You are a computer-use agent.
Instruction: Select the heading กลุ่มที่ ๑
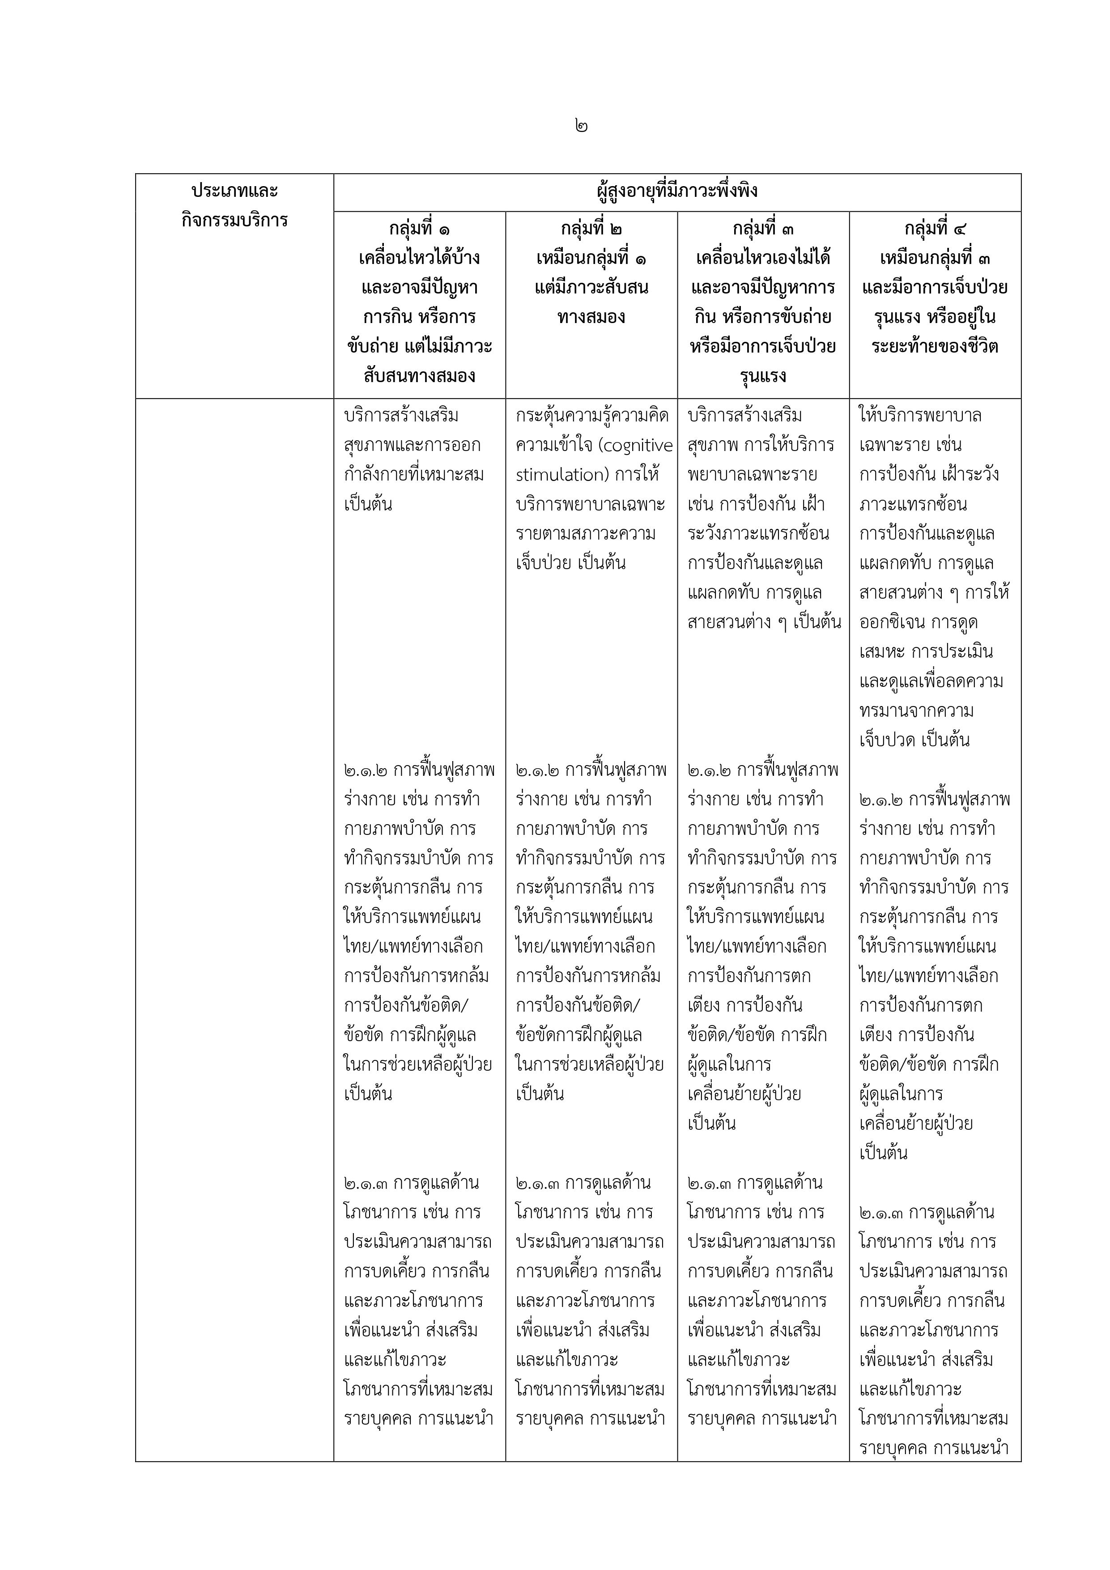tap(419, 228)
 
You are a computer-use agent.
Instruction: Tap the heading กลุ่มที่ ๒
tap(591, 228)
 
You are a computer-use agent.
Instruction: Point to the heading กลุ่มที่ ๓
tap(763, 228)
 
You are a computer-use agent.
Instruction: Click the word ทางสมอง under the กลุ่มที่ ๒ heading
tap(591, 317)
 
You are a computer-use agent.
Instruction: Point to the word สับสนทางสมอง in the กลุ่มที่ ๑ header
tap(419, 375)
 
